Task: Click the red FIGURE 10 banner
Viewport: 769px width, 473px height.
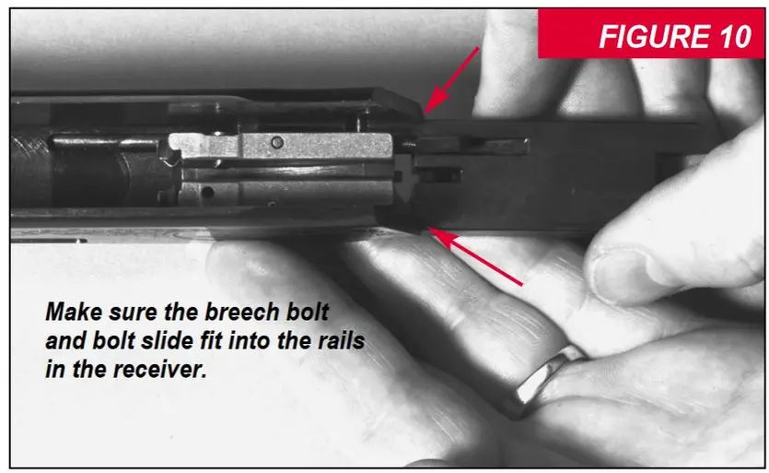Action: [650, 33]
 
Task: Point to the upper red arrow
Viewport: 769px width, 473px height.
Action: [451, 80]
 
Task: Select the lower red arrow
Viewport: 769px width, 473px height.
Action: [474, 255]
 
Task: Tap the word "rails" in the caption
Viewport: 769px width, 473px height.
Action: [336, 341]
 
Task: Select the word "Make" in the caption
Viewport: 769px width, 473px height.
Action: [74, 313]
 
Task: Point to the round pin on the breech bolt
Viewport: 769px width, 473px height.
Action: [277, 142]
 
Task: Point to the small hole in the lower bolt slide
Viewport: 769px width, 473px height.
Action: [206, 192]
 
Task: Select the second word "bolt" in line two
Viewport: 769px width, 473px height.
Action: [114, 341]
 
